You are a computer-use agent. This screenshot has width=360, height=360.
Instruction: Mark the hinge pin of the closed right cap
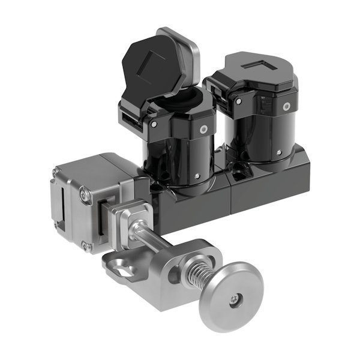point(239,102)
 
